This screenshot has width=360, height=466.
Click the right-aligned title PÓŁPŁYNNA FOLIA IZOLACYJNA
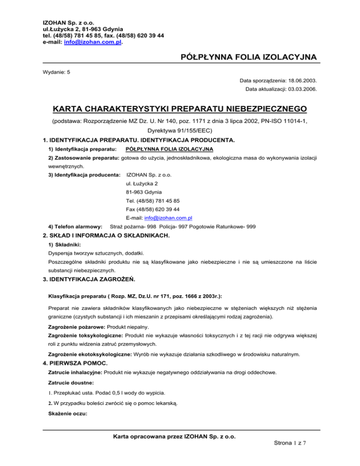tap(247, 57)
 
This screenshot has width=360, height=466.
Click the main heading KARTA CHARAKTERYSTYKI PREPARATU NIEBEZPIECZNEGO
tap(180, 109)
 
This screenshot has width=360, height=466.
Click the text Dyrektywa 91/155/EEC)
tap(180, 130)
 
